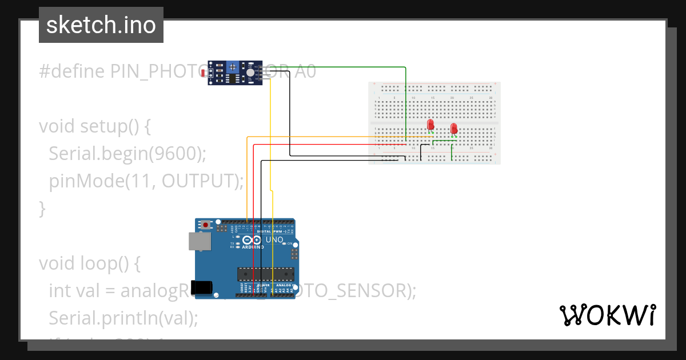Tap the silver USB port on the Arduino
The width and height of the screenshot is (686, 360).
click(x=199, y=241)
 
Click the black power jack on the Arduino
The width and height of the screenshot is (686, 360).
click(x=204, y=287)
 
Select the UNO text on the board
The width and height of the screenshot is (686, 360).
click(x=274, y=239)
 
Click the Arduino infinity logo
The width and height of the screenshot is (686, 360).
click(x=252, y=240)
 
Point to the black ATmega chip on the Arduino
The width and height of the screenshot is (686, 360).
click(x=266, y=274)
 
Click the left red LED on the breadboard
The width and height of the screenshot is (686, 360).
click(x=430, y=124)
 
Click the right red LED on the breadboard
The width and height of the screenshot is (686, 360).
click(x=454, y=129)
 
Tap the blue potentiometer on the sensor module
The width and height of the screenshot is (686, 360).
click(x=233, y=67)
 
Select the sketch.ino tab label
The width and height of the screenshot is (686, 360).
click(x=101, y=25)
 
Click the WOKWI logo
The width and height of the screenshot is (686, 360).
click(x=607, y=315)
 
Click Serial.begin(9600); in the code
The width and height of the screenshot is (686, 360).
click(x=127, y=153)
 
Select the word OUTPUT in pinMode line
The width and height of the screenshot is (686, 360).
click(x=198, y=181)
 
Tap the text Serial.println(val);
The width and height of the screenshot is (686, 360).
click(x=123, y=318)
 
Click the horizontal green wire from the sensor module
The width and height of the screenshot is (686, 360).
click(x=343, y=67)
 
